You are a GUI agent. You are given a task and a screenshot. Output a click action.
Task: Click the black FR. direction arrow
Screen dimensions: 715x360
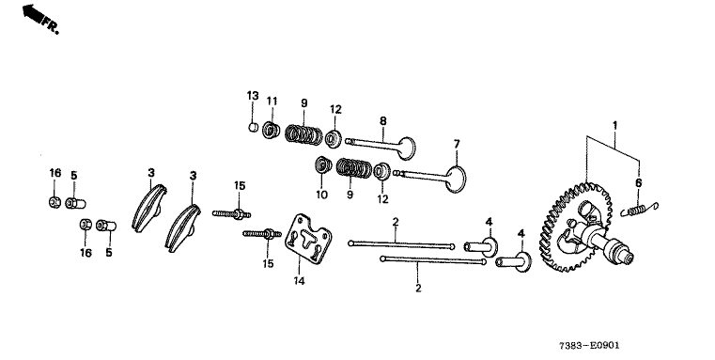coord(33,13)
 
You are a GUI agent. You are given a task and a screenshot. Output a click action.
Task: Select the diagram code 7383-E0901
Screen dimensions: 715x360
coord(590,346)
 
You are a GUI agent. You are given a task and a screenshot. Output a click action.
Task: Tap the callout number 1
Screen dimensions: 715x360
coord(614,125)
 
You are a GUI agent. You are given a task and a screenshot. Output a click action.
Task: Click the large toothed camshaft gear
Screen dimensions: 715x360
coord(575,227)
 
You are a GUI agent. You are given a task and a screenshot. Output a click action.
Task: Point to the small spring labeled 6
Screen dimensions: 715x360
coord(640,209)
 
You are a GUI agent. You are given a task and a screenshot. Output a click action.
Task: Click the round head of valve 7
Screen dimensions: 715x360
coord(457,179)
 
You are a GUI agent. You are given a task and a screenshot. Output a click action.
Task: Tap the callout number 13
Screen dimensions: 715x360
coord(253,96)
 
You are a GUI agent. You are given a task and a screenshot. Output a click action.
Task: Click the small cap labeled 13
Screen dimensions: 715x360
coord(254,126)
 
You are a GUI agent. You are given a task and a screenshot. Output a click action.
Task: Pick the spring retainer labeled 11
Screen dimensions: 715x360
coord(271,131)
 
